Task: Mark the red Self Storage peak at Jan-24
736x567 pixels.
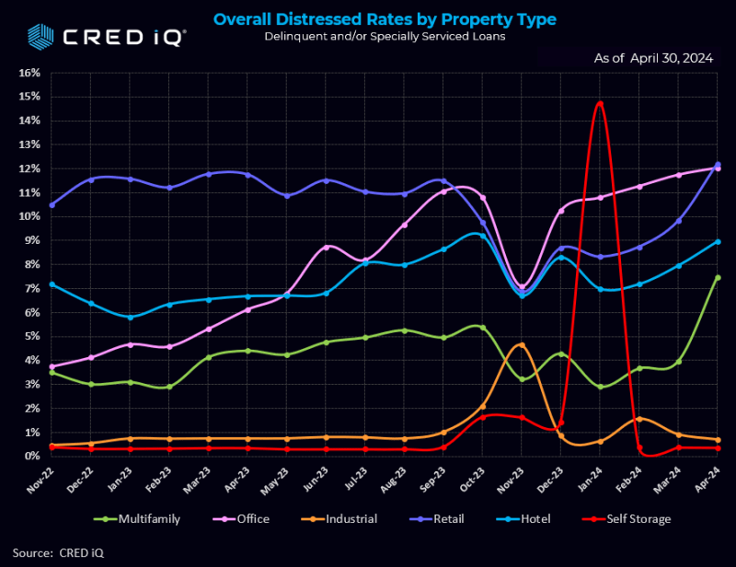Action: [x=600, y=103]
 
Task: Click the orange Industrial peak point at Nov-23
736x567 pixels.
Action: [x=522, y=345]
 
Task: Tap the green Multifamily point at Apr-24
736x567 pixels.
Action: [x=718, y=277]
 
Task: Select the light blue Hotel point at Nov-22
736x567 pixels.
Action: [x=52, y=284]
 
